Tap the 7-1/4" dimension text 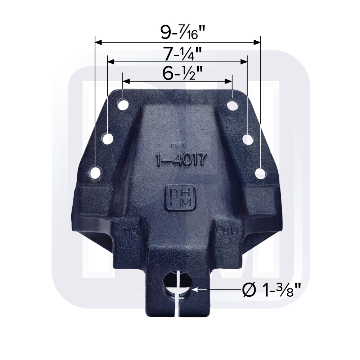tap(177, 54)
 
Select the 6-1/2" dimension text tap(177, 73)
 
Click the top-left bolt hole tap(123, 105)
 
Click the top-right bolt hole tap(232, 105)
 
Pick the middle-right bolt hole tap(247, 139)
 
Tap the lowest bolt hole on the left tap(95, 173)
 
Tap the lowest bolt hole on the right tap(260, 173)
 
